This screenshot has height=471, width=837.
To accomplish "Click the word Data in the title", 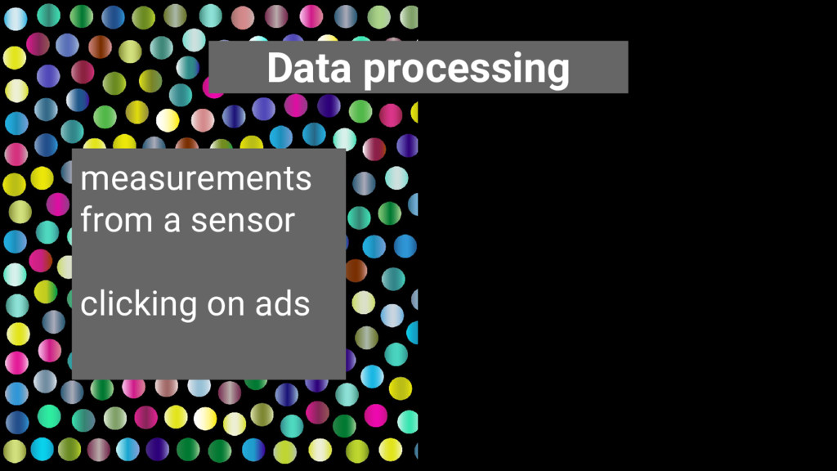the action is click(x=309, y=68).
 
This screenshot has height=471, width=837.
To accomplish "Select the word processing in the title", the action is click(x=467, y=70).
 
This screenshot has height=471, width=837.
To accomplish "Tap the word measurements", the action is click(x=196, y=178).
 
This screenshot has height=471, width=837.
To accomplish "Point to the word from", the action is click(x=116, y=219).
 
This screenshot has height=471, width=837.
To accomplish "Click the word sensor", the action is click(x=243, y=221).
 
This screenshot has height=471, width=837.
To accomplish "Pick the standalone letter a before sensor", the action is click(x=172, y=221).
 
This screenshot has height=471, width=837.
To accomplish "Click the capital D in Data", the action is click(x=280, y=68).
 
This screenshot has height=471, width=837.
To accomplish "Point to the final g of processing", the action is click(x=558, y=74).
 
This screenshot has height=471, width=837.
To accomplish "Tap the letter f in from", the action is click(x=87, y=219).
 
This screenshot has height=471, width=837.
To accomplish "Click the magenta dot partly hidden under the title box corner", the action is click(x=212, y=88).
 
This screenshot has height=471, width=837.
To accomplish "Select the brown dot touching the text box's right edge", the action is click(x=356, y=271).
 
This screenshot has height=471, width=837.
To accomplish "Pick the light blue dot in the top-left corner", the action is click(x=16, y=19).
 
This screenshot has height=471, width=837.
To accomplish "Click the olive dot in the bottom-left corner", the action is click(x=15, y=451).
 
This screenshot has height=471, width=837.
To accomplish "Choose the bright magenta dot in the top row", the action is click(x=311, y=16).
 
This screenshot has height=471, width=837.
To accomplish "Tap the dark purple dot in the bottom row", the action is click(x=158, y=449).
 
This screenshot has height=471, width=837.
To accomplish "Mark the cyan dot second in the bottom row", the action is click(x=43, y=449).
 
